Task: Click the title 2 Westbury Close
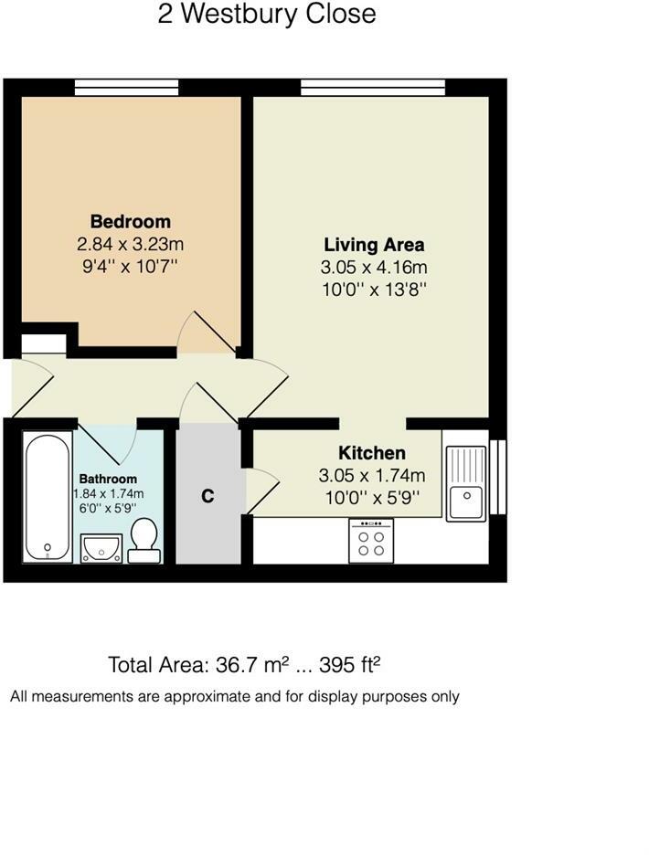click(267, 15)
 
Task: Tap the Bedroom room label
click(131, 221)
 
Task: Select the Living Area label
click(374, 245)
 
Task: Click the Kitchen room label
click(372, 452)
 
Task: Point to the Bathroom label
click(108, 479)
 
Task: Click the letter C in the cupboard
click(207, 496)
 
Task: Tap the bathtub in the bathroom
click(48, 497)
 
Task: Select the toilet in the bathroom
click(144, 540)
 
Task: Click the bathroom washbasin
click(101, 548)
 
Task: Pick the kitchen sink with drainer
click(466, 483)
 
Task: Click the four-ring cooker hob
click(371, 541)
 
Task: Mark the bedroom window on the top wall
click(127, 88)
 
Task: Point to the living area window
click(373, 88)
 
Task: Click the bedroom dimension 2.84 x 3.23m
click(131, 244)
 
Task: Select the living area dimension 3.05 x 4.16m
click(374, 267)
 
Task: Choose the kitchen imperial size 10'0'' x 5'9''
click(372, 498)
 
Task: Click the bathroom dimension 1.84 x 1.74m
click(109, 494)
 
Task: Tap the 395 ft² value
click(349, 665)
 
